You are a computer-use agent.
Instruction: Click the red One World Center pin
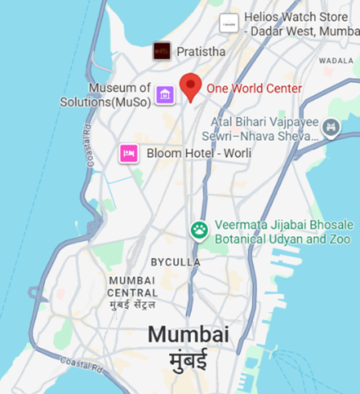pos(190,86)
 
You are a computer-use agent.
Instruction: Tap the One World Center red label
pos(254,89)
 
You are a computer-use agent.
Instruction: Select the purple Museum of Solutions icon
pos(165,95)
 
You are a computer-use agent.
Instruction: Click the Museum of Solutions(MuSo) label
pos(106,95)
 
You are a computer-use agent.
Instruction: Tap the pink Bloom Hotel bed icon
pos(128,153)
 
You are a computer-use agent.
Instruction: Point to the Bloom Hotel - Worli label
pos(199,153)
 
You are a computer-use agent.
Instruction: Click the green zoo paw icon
pos(199,231)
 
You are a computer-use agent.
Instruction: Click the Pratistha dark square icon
pos(163,52)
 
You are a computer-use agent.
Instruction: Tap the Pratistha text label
pos(202,52)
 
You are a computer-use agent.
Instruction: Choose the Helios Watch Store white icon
pos(230,23)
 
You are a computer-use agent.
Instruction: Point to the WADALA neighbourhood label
pos(336,60)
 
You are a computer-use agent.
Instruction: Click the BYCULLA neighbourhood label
pos(176,263)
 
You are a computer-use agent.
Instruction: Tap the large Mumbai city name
pos(188,334)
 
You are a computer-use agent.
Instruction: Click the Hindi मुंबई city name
pos(188,359)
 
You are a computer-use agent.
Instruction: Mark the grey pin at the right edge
pos(331,127)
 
